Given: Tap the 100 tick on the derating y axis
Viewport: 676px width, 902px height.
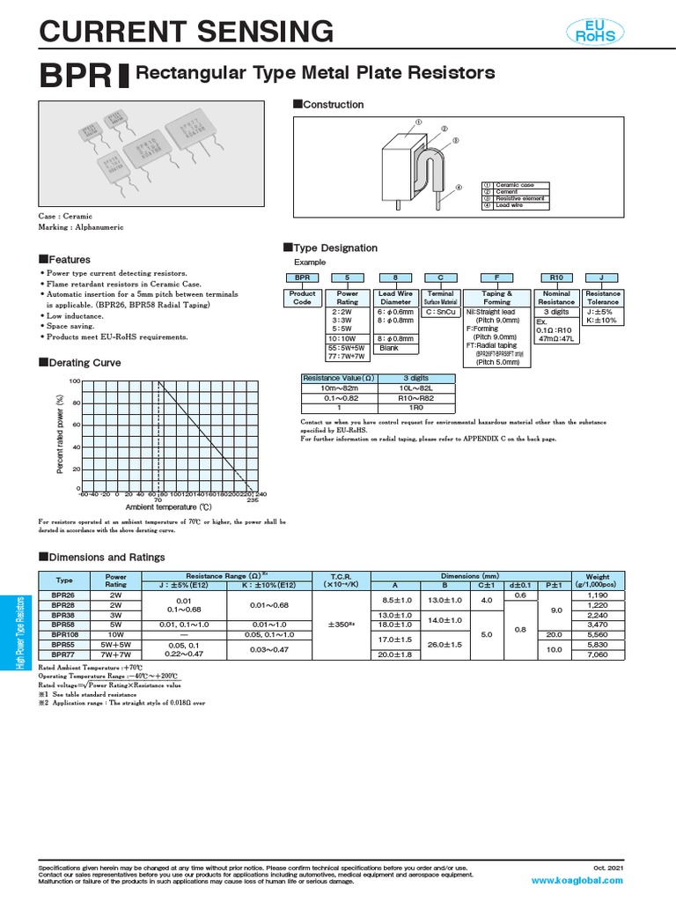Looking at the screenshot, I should pos(75,381).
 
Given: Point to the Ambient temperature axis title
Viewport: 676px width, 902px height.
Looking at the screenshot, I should pos(169,507).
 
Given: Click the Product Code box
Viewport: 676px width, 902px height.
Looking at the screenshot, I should pos(304,298).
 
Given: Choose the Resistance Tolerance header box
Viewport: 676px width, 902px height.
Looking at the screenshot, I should pos(603,298).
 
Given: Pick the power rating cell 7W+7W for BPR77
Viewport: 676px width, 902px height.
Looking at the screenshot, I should pos(116,654).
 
